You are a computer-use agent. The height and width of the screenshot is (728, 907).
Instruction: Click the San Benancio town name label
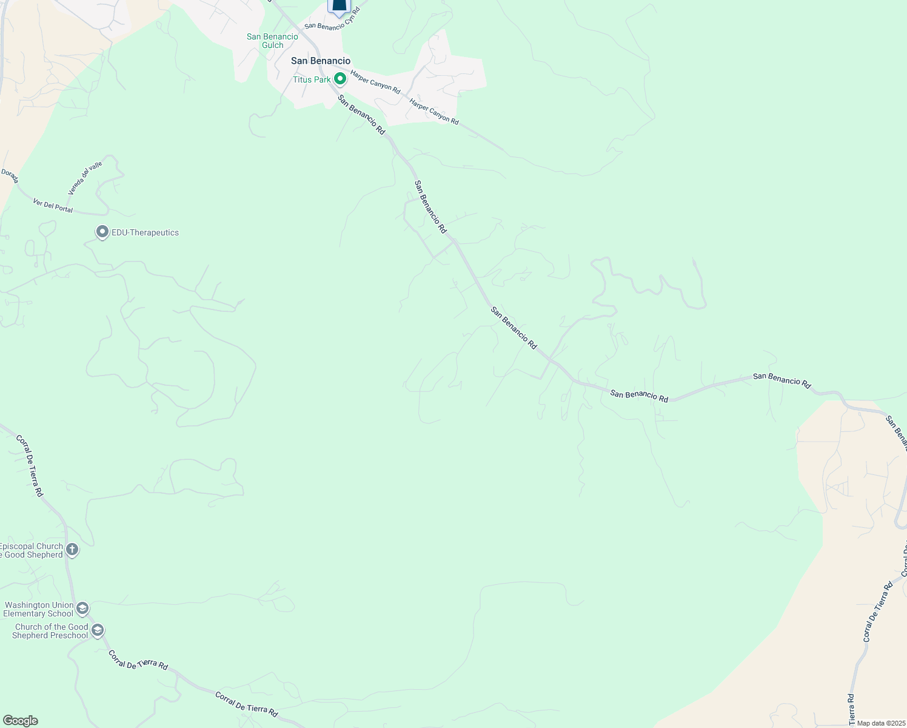321,61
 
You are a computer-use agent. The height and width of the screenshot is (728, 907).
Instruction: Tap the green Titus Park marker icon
340,79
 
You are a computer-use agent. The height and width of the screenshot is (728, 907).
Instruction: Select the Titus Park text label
312,79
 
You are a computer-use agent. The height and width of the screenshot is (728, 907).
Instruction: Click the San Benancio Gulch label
272,41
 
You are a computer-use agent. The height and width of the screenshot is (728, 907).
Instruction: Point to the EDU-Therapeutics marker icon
102,232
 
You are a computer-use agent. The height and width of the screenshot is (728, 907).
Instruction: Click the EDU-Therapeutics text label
146,232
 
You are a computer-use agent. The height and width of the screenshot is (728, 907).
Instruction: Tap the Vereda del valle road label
85,178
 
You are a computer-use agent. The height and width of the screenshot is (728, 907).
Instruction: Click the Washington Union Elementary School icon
82,608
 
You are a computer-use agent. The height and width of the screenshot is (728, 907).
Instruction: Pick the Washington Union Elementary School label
38,609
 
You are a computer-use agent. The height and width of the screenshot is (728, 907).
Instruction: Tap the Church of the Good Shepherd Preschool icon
97,631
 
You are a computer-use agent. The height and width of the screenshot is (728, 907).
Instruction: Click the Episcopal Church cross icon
72,550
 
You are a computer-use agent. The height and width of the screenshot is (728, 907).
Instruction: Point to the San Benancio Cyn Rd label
332,19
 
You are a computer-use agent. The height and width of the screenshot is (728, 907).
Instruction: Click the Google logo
20,721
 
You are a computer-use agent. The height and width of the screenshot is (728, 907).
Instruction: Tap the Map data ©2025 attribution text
880,723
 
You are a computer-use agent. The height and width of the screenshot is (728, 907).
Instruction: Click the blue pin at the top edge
339,6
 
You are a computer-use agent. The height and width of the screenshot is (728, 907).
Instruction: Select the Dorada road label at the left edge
10,177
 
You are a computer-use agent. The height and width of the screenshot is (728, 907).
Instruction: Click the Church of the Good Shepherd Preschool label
51,631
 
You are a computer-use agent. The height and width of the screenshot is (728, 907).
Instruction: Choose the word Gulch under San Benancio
272,45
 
